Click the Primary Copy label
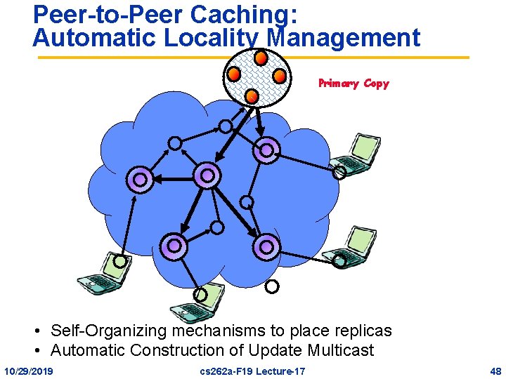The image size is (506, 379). tap(353, 84)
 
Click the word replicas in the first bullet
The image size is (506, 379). tap(363, 331)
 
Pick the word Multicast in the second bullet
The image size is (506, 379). tap(339, 350)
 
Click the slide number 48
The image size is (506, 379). tap(495, 371)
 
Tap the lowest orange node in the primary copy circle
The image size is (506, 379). tap(251, 95)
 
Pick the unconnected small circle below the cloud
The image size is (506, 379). tap(272, 286)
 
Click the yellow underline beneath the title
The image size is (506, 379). tap(253, 57)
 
